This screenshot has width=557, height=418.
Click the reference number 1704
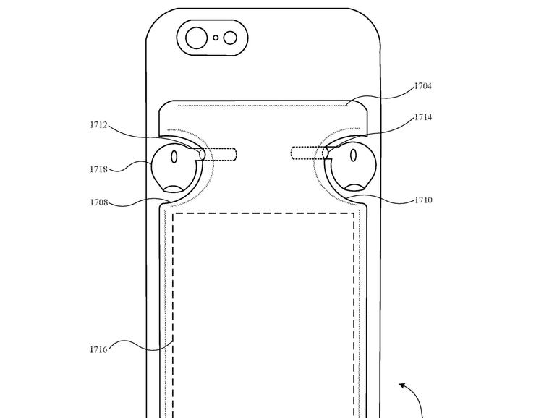423,86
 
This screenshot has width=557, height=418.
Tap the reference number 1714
423,117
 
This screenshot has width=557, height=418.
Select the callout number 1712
99,125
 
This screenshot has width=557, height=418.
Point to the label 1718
99,169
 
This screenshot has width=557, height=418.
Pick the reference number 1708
99,203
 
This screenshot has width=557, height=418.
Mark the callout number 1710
423,200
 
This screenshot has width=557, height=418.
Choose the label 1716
99,350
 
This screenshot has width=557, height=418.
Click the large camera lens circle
197,38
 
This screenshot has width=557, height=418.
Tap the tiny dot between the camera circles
216,38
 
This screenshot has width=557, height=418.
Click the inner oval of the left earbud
174,155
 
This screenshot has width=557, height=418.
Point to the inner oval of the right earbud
354,155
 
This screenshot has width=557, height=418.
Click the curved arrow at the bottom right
411,394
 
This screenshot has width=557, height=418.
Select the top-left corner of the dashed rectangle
174,213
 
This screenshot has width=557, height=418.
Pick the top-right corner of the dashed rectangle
354,213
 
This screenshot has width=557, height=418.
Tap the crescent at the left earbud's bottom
175,190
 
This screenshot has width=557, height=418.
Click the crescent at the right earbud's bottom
354,189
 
